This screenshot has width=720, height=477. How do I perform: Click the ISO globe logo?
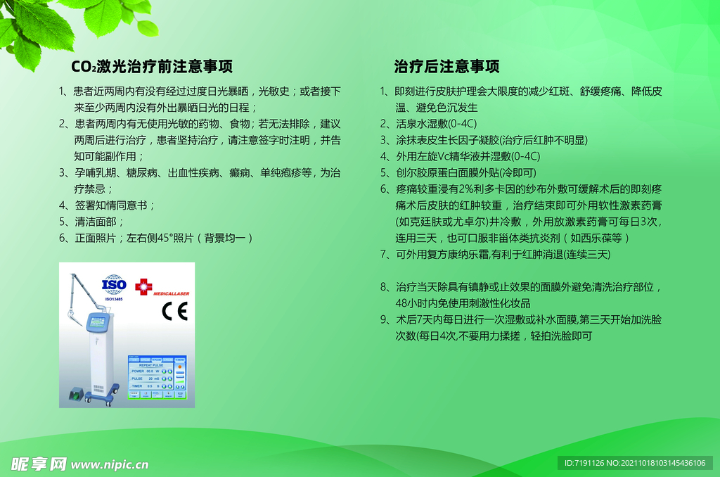tap(114, 285)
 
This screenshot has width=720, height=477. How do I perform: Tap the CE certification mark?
tap(174, 310)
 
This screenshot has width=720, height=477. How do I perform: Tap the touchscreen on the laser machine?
tap(97, 322)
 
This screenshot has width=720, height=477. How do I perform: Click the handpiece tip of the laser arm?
tap(70, 310)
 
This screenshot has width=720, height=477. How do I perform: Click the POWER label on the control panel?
tap(137, 371)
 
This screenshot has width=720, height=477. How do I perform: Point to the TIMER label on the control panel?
tap(137, 386)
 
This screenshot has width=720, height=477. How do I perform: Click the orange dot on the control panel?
tap(180, 367)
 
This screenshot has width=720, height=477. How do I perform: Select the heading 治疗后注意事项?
tap(446, 67)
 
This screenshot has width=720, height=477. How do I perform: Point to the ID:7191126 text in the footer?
tap(586, 463)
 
